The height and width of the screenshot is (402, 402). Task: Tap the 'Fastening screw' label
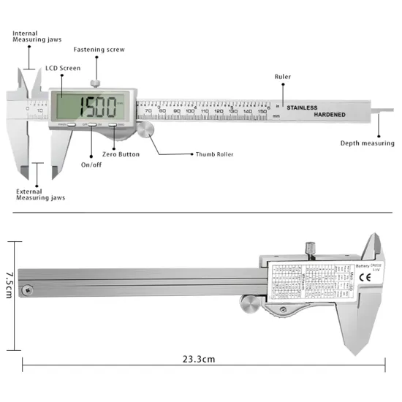pos(99,50)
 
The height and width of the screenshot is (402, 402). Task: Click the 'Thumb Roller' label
pos(214,154)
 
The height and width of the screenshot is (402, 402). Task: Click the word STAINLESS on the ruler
pos(307,108)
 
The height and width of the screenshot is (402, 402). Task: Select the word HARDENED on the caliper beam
pos(335,115)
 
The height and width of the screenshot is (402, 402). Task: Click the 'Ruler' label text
pos(282,77)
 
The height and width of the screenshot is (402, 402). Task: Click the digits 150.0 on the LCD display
pos(98,108)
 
